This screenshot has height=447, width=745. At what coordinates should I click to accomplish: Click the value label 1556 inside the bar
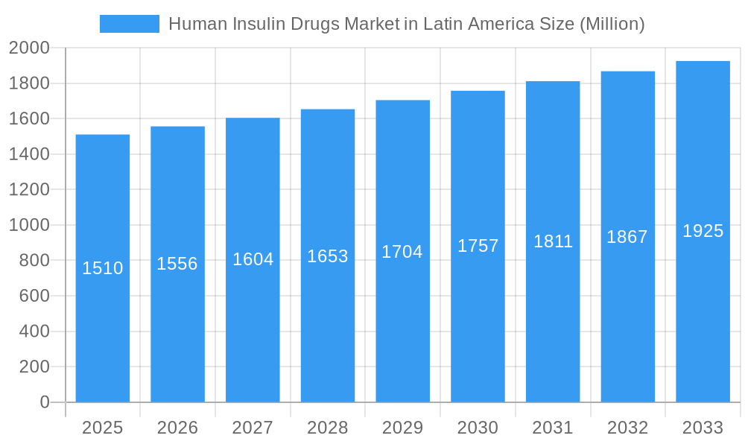point(177,264)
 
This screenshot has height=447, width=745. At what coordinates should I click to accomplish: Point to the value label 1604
point(253,259)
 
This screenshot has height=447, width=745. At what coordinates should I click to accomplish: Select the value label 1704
point(402,252)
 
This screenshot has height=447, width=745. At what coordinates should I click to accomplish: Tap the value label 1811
point(553,241)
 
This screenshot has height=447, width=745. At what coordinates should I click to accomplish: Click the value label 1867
point(627,237)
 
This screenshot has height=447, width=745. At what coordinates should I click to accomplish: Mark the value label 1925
point(703,231)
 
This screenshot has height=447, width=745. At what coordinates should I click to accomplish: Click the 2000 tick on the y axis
point(29,48)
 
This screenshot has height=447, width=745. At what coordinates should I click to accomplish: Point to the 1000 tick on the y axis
point(29,225)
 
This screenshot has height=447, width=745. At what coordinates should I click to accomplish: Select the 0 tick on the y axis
point(44,402)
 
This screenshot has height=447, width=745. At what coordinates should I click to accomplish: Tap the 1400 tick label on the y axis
point(29,154)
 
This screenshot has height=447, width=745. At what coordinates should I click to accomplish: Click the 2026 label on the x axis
point(177,428)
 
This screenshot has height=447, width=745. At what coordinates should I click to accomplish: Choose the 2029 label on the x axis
point(402,428)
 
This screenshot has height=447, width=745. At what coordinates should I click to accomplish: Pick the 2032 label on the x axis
point(627,428)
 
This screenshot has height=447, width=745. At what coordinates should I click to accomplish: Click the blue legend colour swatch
point(130,24)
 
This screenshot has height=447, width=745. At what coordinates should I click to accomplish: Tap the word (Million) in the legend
point(612,24)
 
